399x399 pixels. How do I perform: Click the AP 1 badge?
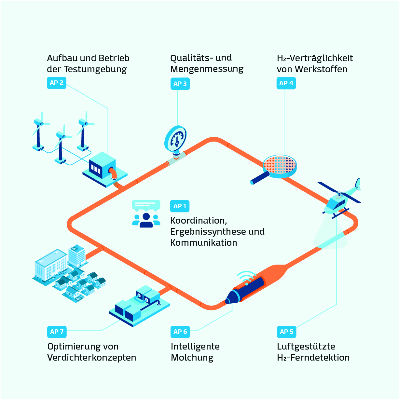[x=180, y=206]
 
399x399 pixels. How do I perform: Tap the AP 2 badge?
[x=56, y=83]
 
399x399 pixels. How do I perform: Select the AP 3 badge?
[x=180, y=84]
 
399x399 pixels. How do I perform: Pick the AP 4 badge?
[x=286, y=83]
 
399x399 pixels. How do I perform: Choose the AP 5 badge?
[x=286, y=332]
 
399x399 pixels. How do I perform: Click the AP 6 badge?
[x=180, y=332]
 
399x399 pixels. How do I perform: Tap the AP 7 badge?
[x=57, y=332]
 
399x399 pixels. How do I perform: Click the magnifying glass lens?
[x=280, y=165]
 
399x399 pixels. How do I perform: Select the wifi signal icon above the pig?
[x=246, y=277]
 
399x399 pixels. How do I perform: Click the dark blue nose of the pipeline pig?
[x=232, y=297]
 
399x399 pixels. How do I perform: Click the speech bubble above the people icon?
[x=146, y=205]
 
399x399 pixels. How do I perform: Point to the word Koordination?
[x=199, y=221]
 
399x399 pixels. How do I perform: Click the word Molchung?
[x=192, y=358]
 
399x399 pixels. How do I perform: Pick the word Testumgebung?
[x=95, y=69]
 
